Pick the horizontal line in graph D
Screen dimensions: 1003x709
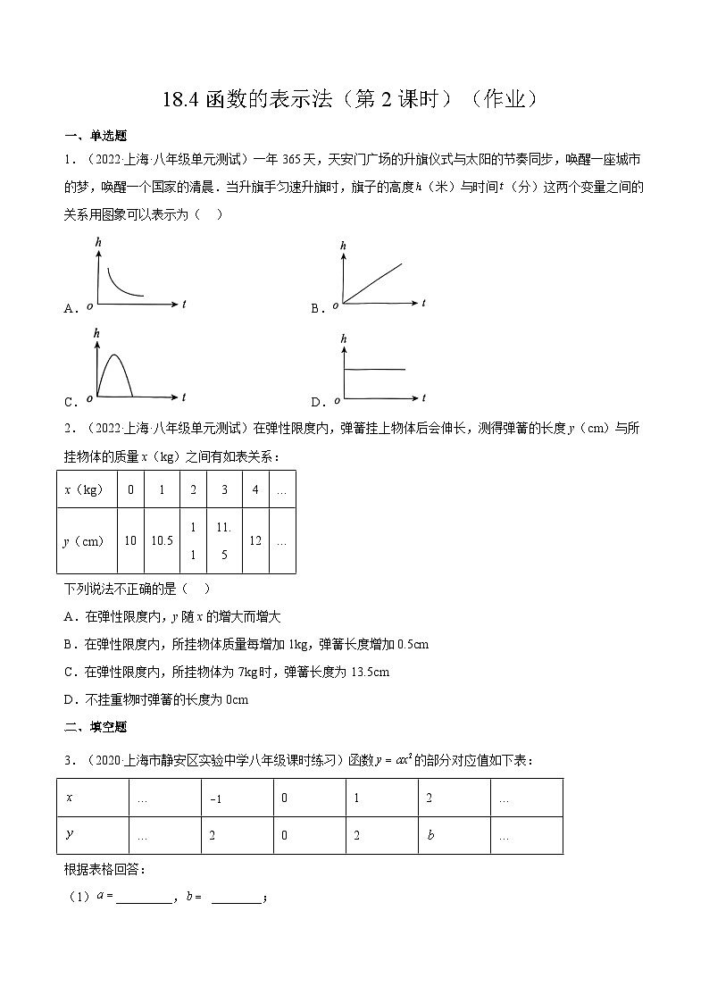(374, 369)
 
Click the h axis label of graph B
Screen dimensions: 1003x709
(344, 245)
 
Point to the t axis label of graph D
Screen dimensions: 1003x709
(424, 397)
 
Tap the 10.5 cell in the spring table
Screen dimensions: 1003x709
(162, 540)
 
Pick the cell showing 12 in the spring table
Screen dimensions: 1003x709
(255, 540)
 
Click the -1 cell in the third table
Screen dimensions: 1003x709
(214, 799)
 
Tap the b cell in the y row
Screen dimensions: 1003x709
(430, 836)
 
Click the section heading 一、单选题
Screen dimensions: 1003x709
(96, 136)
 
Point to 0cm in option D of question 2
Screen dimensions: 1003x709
(236, 699)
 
